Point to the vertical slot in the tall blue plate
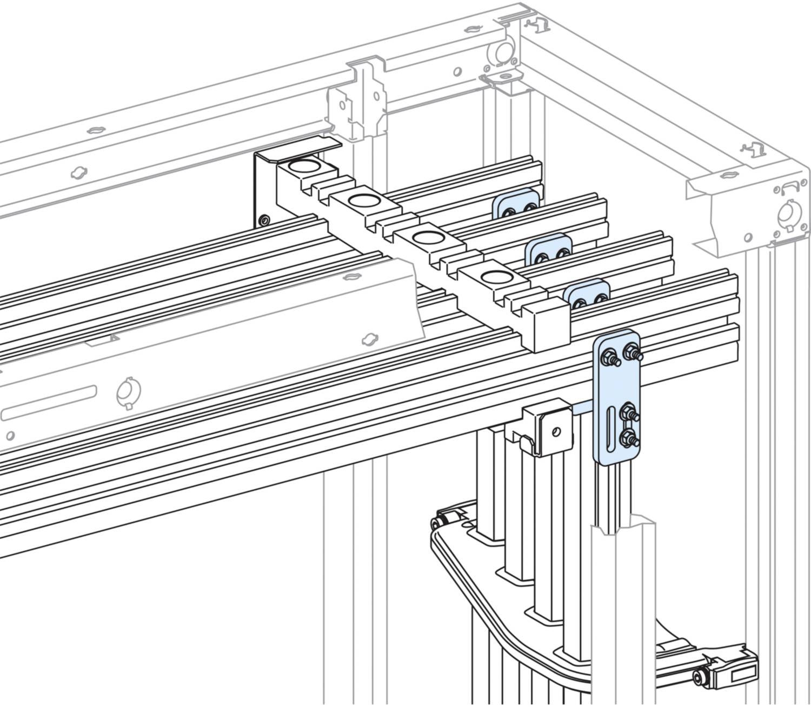(x=609, y=427)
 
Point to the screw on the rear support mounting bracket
(x=263, y=220)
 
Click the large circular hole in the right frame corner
(x=786, y=214)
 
